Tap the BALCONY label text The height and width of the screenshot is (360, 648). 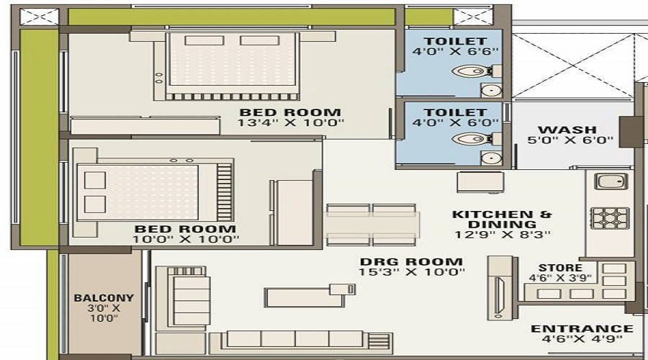point(104,297)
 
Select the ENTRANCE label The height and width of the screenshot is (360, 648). point(582,329)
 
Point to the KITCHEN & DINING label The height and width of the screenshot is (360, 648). point(502,215)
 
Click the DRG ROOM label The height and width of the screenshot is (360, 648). point(412,261)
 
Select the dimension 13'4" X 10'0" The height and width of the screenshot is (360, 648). point(291,123)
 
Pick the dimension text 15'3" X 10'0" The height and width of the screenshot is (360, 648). point(412,272)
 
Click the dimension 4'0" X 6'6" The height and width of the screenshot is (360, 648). point(455,53)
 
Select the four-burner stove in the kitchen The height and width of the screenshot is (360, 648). point(609,217)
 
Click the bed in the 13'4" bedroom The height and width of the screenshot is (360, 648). point(232,66)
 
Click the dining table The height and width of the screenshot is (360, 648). point(372,225)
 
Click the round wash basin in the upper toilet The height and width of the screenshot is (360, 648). point(490,90)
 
